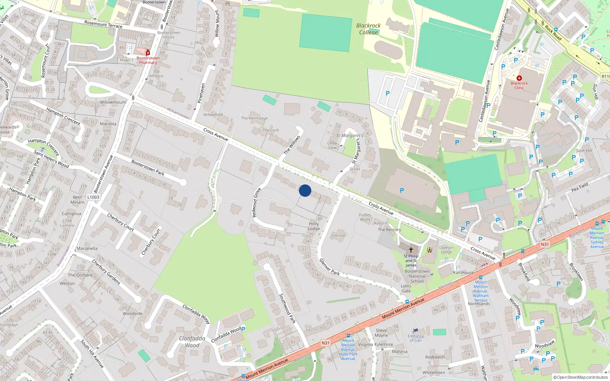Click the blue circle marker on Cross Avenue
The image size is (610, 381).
(305, 190)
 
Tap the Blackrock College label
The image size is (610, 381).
(368, 29)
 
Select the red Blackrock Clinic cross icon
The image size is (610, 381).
(519, 78)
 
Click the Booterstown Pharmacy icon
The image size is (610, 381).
(148, 53)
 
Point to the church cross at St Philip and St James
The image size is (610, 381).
(411, 250)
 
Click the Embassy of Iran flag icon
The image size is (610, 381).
(416, 331)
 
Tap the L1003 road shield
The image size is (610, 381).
(93, 197)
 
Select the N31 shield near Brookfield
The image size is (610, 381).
(545, 245)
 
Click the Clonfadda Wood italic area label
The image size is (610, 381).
(192, 342)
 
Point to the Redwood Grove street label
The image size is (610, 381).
(257, 202)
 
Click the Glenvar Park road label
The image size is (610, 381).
(329, 267)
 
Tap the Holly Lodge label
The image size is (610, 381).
(314, 226)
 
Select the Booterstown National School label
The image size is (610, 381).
(417, 276)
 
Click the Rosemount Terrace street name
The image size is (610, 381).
(103, 24)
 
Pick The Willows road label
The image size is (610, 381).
(292, 145)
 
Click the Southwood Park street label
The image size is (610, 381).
(287, 308)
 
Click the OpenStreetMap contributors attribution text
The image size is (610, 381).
(580, 377)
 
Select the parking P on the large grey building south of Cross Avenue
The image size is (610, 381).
(401, 190)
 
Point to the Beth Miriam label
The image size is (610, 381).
(77, 200)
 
